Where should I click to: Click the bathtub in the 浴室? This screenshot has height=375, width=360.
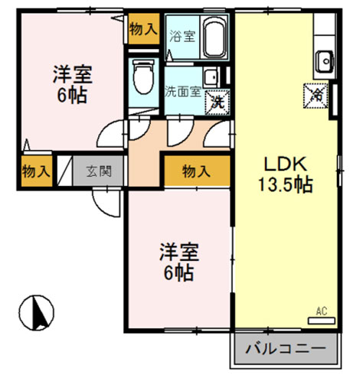click(214, 37)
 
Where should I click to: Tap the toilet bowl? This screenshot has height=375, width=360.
click(144, 77)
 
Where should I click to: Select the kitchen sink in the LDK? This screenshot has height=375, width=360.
click(325, 61)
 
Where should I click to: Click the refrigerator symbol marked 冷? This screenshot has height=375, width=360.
click(316, 96)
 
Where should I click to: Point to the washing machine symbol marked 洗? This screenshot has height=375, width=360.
click(217, 102)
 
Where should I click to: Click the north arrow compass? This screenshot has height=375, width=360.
click(37, 312)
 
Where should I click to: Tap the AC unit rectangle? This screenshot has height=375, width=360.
click(322, 321)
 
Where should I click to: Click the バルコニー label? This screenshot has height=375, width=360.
click(286, 348)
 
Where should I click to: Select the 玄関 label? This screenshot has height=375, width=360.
click(99, 171)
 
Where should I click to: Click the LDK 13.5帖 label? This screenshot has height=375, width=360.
click(286, 174)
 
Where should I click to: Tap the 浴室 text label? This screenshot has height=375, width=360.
click(182, 36)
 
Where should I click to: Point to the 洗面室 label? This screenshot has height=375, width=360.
click(183, 92)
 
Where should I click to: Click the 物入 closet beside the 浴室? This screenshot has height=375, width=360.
click(144, 29)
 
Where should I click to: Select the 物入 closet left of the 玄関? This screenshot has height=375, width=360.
click(37, 171)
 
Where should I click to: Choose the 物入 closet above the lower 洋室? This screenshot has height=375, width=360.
click(197, 171)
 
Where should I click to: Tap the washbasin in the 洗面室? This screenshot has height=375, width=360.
click(211, 77)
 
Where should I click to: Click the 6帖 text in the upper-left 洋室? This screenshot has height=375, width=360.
click(72, 96)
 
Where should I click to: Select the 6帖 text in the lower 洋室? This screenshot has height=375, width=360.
click(178, 273)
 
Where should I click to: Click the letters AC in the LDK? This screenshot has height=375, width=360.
click(322, 311)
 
